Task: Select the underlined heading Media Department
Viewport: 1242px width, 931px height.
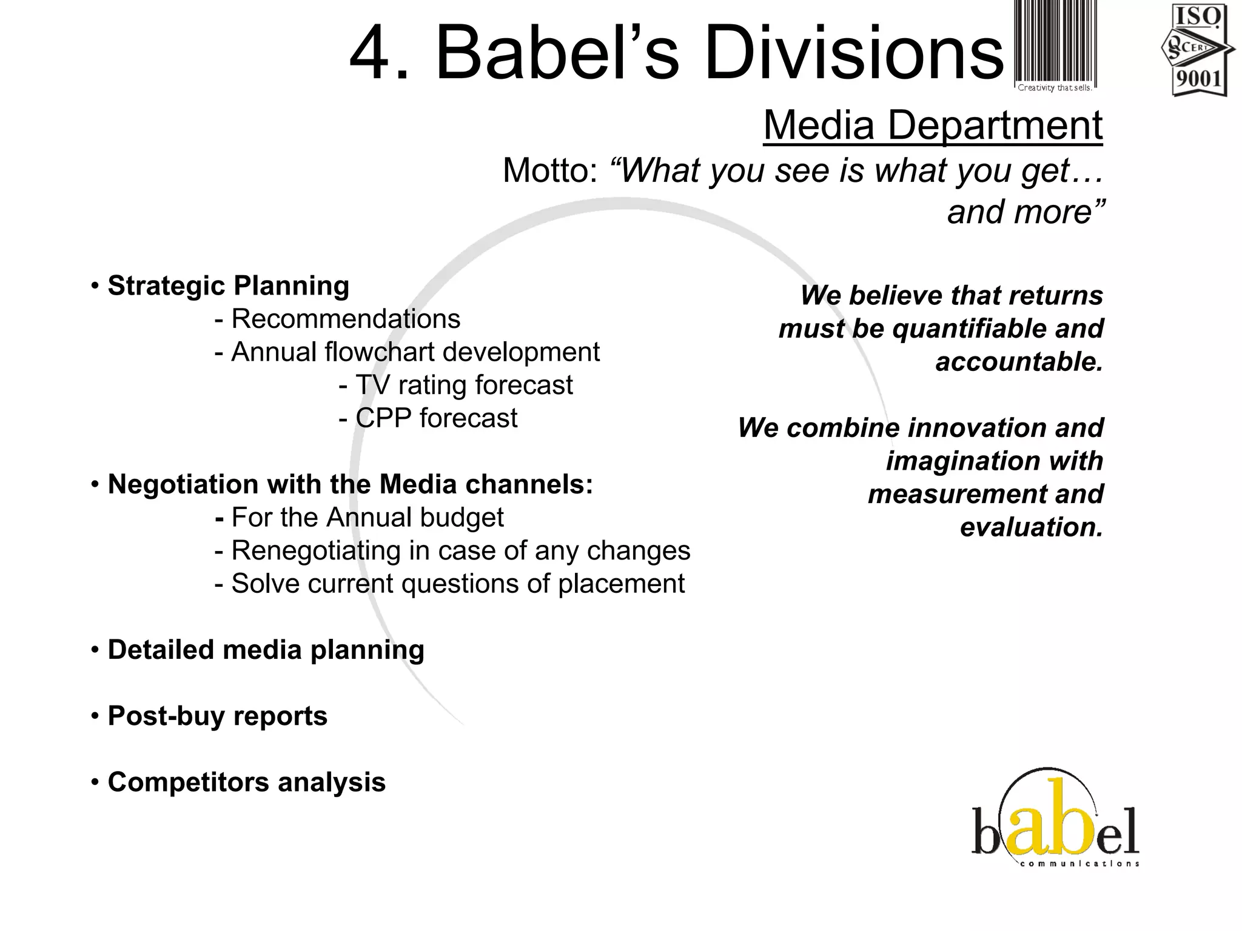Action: point(933,125)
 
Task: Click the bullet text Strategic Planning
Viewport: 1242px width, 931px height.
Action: point(228,286)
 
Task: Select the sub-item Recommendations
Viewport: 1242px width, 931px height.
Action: point(346,319)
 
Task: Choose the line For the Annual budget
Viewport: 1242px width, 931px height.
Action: point(367,518)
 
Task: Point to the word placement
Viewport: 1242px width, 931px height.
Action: point(621,584)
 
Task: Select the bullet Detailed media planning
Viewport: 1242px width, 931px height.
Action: point(266,650)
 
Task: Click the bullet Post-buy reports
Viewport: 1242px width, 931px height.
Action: point(217,716)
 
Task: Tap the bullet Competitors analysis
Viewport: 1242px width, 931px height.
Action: point(246,782)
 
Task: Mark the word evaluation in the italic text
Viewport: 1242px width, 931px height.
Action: point(1031,527)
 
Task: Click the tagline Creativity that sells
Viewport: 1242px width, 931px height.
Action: point(1055,88)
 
